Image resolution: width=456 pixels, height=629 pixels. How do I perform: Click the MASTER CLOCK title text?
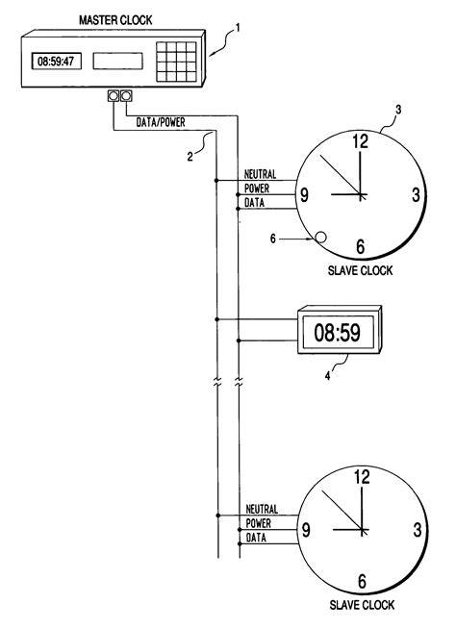(115, 20)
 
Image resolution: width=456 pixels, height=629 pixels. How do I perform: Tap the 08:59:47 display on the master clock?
(56, 62)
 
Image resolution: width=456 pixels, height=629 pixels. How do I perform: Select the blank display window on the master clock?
(117, 61)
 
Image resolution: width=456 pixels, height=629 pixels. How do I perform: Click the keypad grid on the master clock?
(176, 62)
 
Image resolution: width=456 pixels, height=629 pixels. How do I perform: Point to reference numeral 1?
(238, 28)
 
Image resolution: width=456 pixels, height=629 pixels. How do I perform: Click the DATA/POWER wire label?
(161, 122)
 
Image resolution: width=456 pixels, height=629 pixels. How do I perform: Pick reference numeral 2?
(190, 156)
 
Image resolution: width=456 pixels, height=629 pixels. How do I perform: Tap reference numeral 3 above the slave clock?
(397, 109)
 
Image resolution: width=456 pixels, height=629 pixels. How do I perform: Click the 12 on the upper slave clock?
(361, 141)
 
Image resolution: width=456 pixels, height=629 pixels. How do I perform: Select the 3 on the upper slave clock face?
(416, 195)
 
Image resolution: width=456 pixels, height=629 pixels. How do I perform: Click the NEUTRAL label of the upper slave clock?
(261, 174)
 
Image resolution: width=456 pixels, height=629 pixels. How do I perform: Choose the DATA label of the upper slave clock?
(255, 203)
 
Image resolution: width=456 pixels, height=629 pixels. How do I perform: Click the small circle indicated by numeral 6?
(320, 238)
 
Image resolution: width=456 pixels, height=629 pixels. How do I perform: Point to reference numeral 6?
(273, 239)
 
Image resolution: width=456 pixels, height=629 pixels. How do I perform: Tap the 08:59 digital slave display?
(338, 333)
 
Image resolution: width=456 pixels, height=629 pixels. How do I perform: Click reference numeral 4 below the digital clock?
(327, 376)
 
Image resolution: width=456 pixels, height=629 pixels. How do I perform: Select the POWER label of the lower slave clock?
(258, 523)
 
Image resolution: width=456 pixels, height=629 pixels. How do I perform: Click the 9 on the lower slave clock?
(306, 530)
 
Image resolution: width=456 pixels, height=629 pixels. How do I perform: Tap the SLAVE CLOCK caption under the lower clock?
(362, 605)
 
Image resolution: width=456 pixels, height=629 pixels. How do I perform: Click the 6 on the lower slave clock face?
(362, 581)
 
